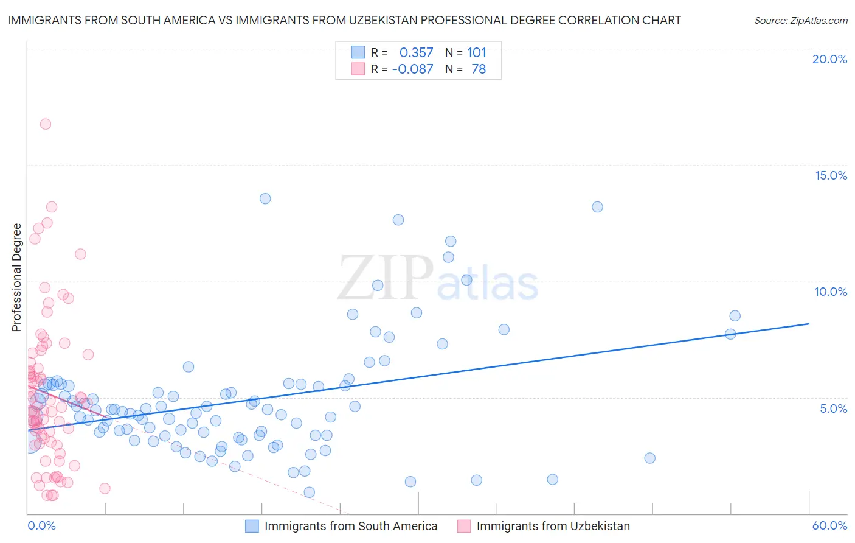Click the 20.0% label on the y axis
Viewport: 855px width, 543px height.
[829, 59]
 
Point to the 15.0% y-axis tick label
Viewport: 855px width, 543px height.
[831, 175]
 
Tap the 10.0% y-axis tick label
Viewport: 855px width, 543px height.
[831, 292]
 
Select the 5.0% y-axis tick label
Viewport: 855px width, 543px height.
[833, 408]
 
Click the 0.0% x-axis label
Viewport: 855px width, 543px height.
[41, 525]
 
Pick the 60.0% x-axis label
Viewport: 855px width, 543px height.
[829, 525]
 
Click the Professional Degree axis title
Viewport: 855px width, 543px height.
[16, 278]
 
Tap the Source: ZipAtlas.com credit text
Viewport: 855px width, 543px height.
[800, 20]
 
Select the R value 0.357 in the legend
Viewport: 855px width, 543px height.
[416, 52]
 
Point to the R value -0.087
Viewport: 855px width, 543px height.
[412, 69]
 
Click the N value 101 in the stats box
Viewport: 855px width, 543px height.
[477, 52]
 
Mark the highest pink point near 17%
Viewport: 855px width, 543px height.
[45, 124]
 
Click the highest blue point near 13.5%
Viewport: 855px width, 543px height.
[265, 198]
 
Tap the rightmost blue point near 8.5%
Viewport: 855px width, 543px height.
[735, 315]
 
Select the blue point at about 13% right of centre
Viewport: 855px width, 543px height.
[597, 207]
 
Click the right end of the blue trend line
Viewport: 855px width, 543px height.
[809, 324]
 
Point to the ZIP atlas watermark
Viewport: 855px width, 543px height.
[438, 279]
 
